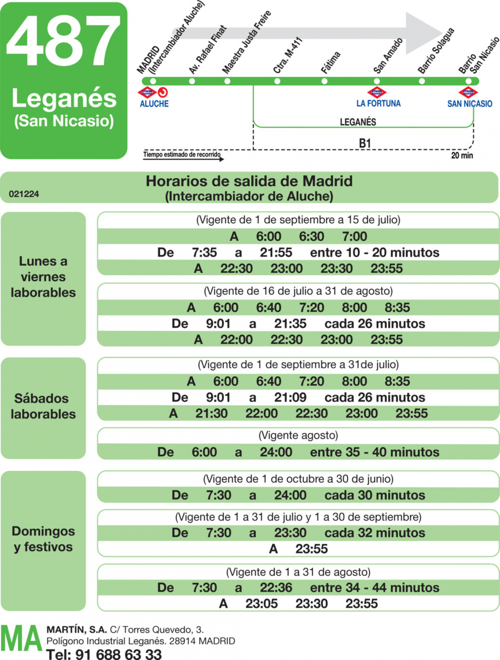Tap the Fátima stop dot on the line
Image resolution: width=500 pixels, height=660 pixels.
[x=324, y=81]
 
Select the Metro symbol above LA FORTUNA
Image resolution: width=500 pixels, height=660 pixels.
[x=377, y=92]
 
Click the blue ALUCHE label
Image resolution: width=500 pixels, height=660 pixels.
[x=154, y=104]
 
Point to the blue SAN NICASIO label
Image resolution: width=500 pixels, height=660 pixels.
[x=470, y=104]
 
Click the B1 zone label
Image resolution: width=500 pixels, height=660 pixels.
[x=365, y=143]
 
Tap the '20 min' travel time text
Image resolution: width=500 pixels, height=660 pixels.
[x=462, y=155]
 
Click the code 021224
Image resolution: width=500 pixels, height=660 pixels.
[x=24, y=194]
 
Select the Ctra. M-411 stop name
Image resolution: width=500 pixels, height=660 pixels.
[x=288, y=55]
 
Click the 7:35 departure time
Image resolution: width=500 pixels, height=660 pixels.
[x=204, y=252]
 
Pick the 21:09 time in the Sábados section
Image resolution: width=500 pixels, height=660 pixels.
[x=290, y=397]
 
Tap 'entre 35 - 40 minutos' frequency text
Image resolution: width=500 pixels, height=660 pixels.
[x=375, y=452]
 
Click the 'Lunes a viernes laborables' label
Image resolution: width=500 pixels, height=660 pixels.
[x=43, y=277]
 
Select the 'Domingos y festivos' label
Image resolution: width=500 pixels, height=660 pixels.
[x=43, y=539]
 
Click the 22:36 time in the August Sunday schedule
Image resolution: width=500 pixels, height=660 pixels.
[x=276, y=587]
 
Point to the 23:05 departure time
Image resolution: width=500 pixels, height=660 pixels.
[x=262, y=604]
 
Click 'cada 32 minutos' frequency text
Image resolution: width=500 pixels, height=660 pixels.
[x=375, y=532]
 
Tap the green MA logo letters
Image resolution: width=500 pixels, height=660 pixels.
[x=21, y=638]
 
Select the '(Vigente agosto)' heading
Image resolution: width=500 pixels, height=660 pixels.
[x=298, y=435]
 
